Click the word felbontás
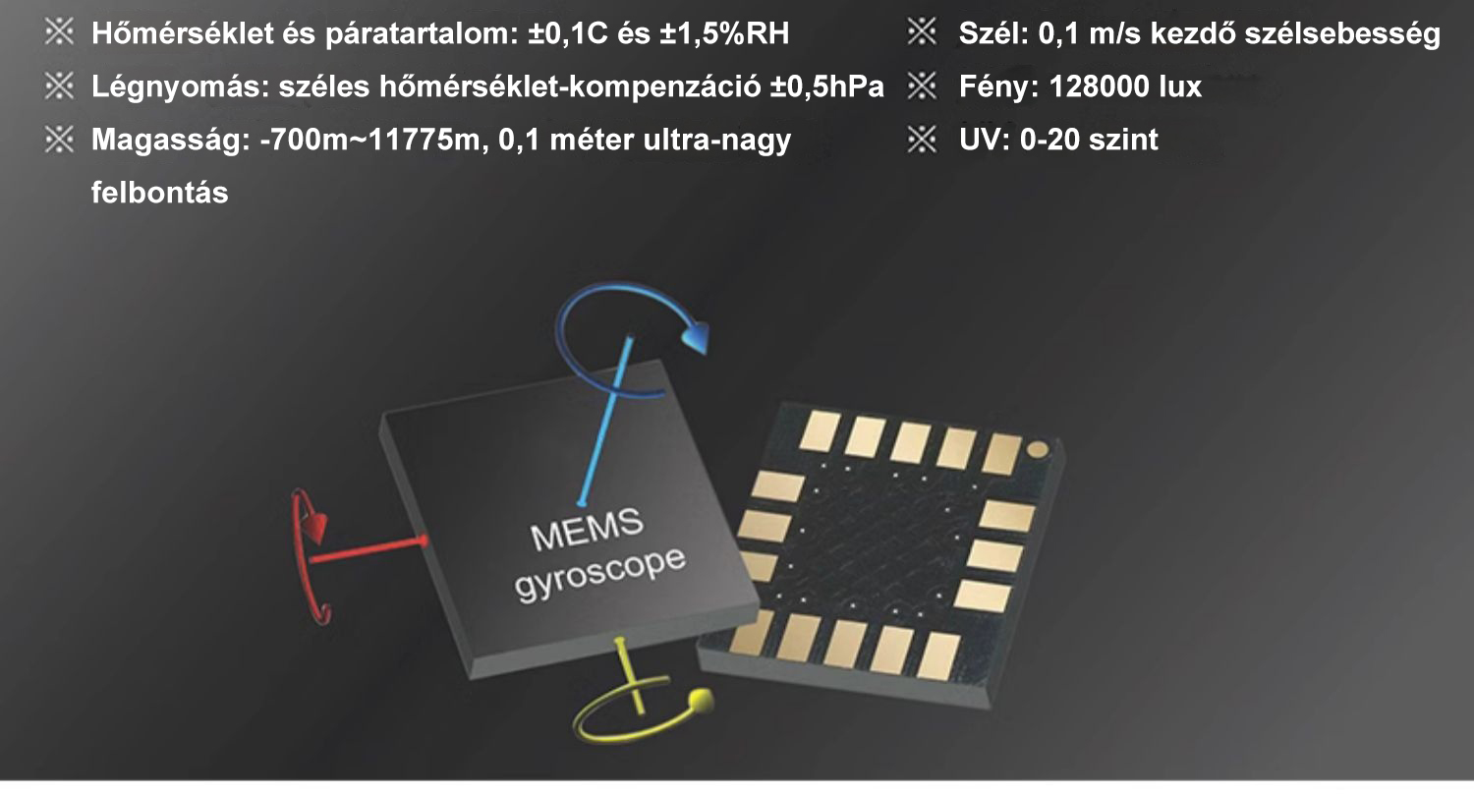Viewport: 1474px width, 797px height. (x=160, y=193)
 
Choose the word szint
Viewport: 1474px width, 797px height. (x=1124, y=141)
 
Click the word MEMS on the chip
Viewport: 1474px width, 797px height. (x=587, y=530)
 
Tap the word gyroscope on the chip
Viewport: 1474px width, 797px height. (x=599, y=575)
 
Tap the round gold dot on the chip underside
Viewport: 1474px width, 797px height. (x=1038, y=449)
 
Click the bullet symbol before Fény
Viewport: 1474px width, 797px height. (x=922, y=86)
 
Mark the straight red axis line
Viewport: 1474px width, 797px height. (x=368, y=550)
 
